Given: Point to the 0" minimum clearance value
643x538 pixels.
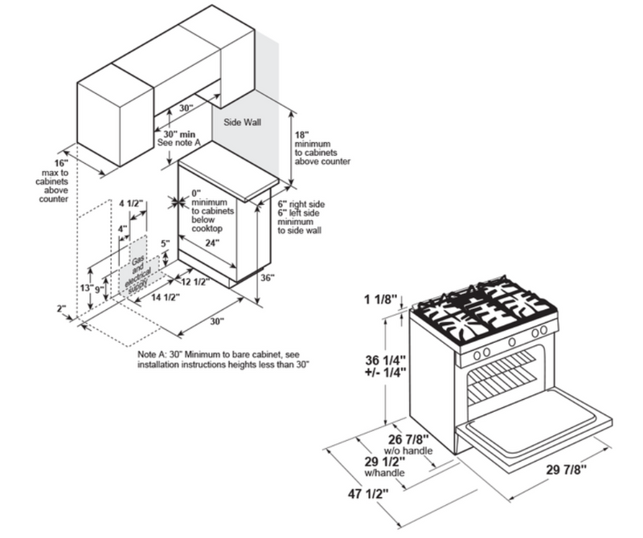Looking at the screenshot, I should pos(195,193).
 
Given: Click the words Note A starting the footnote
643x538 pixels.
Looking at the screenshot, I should pos(155,354).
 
